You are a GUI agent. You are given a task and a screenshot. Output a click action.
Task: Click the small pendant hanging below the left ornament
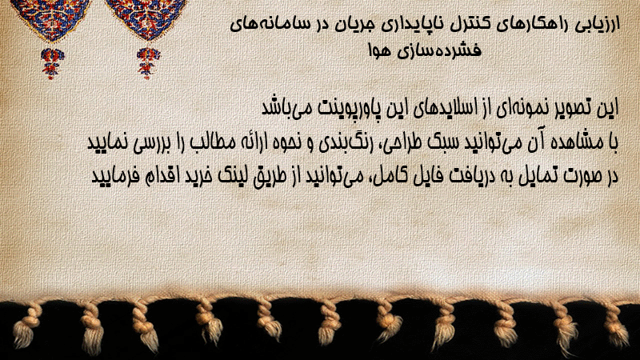pyautogui.click(x=52, y=63)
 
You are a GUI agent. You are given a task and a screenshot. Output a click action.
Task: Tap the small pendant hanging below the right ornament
pyautogui.click(x=148, y=63)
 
